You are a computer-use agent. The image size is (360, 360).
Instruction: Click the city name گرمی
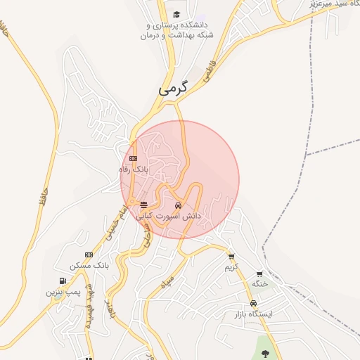tap(174, 89)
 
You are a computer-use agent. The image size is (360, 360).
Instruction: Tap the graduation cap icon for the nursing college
tap(176, 14)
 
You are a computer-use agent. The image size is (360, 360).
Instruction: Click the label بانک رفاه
tap(134, 169)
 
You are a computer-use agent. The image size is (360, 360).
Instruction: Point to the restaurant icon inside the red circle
tap(143, 205)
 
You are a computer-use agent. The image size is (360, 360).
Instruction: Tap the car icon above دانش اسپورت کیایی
tap(178, 206)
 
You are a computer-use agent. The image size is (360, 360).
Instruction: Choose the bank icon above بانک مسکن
tap(89, 255)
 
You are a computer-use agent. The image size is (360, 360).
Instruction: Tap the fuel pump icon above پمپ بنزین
tap(63, 281)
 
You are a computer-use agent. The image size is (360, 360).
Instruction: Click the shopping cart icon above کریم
tap(231, 257)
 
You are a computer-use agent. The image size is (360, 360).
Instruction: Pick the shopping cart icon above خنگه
tap(259, 274)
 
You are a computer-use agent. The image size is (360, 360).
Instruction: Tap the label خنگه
tap(261, 283)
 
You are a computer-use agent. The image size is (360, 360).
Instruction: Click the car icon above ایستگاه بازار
tap(264, 304)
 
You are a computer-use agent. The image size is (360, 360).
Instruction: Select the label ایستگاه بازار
tap(262, 314)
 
